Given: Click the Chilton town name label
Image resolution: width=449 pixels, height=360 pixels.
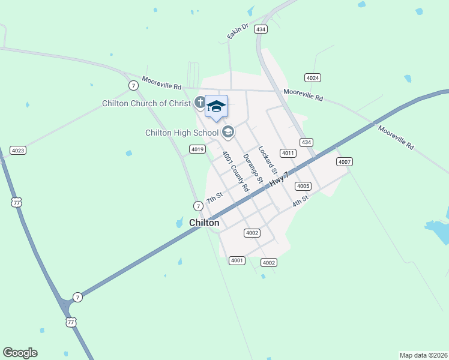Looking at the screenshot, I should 204,223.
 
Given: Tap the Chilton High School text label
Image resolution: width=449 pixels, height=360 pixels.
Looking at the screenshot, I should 182,133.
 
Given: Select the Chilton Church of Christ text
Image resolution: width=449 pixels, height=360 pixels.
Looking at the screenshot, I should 146,103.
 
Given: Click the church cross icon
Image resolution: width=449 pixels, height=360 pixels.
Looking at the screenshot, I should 199,103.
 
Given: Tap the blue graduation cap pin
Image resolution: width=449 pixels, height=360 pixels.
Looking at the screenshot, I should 216,107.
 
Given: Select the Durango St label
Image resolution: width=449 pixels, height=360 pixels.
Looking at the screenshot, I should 253,168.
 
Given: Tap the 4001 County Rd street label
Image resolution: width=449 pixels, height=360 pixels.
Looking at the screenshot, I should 235,171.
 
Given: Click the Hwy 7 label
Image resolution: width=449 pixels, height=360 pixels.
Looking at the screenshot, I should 279,178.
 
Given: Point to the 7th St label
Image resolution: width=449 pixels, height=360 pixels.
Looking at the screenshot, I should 214,197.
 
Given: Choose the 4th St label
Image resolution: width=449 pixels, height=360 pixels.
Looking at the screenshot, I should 300,201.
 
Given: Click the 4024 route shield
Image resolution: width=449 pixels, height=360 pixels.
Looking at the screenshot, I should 312,78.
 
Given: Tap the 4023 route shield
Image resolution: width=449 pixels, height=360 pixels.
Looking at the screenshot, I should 18,150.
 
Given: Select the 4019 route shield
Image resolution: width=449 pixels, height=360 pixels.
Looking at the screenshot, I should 197,149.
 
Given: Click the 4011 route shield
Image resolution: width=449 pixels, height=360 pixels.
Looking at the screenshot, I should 288,153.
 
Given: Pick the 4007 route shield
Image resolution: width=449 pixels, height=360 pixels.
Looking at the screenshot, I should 344,162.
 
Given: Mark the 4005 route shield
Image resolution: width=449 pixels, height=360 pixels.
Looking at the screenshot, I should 303,186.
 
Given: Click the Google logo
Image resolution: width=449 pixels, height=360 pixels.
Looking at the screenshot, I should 20,353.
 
